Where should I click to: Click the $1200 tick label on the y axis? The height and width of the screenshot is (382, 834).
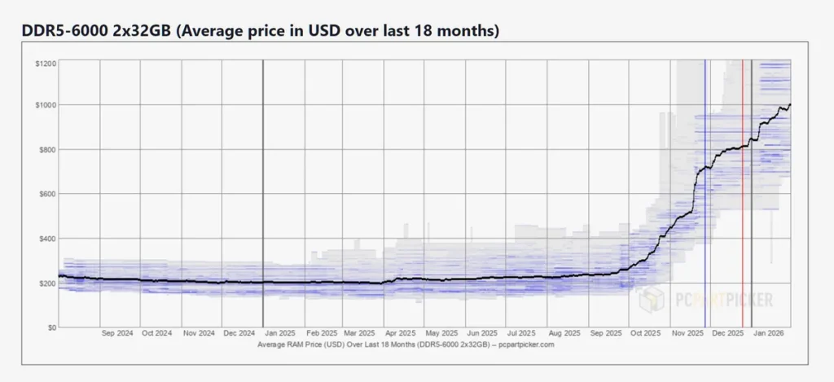click(46, 64)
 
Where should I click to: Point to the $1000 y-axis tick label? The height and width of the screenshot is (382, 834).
click(46, 105)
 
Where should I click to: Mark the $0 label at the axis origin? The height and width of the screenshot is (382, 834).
click(51, 327)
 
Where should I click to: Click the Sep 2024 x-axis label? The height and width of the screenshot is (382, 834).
click(117, 334)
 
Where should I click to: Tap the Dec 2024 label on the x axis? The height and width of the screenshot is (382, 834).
click(240, 334)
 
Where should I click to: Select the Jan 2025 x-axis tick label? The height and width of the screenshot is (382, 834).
click(281, 334)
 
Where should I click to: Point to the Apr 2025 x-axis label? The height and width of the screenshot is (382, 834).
click(402, 334)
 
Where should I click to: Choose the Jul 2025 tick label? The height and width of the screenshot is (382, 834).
click(521, 334)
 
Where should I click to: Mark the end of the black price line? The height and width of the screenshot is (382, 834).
click(790, 105)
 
